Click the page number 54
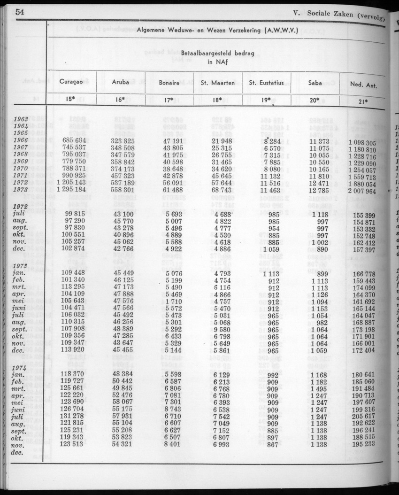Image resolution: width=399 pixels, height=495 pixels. point(20,13)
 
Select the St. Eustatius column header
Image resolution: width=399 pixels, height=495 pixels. point(266,83)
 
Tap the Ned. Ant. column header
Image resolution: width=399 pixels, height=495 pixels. point(363,85)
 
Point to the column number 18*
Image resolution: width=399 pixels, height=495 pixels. point(217,99)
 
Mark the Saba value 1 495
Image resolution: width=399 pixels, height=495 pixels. point(319,389)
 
